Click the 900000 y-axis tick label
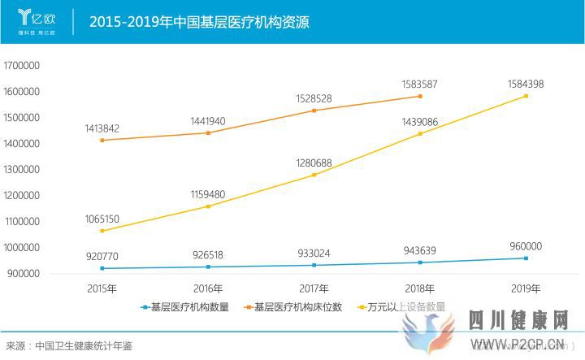24,273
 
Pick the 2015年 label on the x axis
102,288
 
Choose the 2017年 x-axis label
314,288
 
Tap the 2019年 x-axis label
526,288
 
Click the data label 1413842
102,128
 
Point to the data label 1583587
420,84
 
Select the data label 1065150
102,219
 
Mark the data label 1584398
526,84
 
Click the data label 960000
526,246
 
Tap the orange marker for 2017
314,111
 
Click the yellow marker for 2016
208,206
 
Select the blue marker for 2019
526,258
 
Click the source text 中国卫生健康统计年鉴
84,346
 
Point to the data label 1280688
314,163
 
